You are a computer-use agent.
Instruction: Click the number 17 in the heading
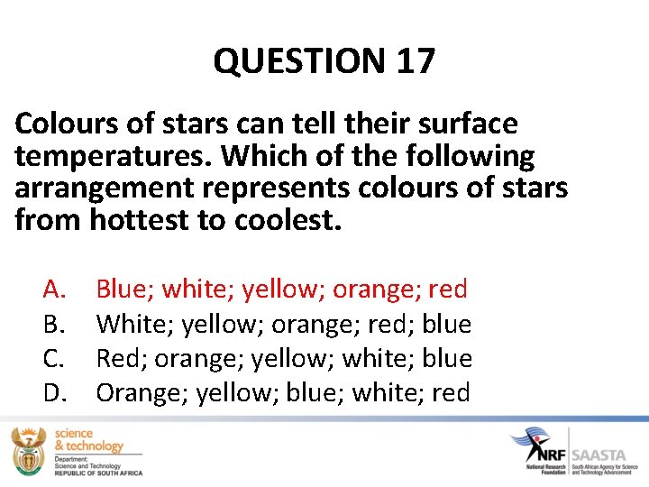click(x=415, y=61)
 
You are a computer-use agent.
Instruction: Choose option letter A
click(x=54, y=289)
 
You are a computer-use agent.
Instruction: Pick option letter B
click(x=54, y=324)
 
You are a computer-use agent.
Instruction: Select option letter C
click(x=54, y=358)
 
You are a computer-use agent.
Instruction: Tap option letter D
click(x=54, y=392)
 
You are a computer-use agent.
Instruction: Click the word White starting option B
click(x=133, y=324)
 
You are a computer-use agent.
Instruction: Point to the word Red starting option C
click(x=121, y=358)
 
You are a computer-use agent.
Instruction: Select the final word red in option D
click(x=451, y=393)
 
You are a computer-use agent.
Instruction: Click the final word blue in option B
click(x=446, y=324)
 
